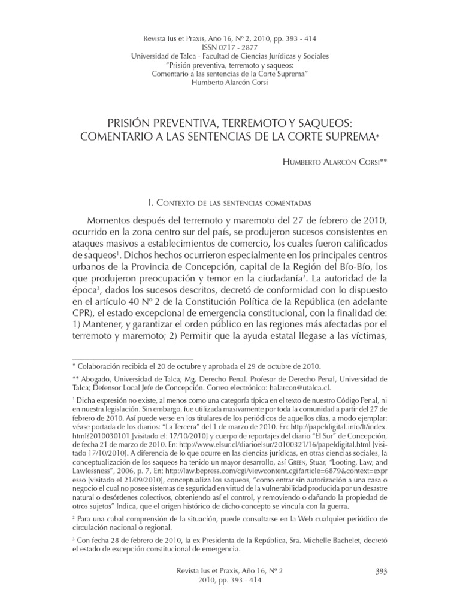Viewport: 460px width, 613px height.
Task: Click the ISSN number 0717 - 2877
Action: click(229, 48)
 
